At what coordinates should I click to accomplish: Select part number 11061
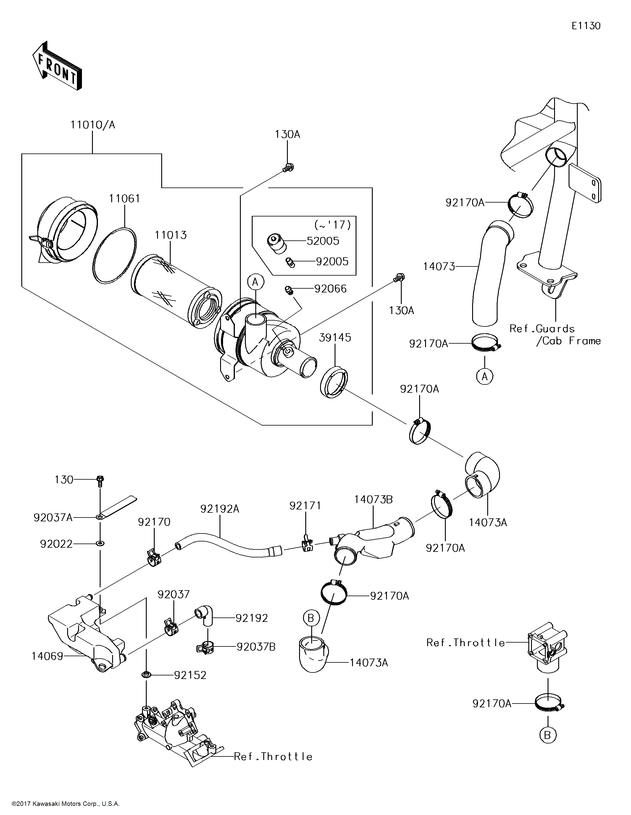point(124,198)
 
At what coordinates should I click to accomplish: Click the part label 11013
point(171,235)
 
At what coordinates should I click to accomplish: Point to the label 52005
point(323,241)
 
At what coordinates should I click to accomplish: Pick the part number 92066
point(330,288)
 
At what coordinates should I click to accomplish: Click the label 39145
point(335,337)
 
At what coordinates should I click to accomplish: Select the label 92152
point(190,675)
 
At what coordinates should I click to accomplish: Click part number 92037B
point(256,647)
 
